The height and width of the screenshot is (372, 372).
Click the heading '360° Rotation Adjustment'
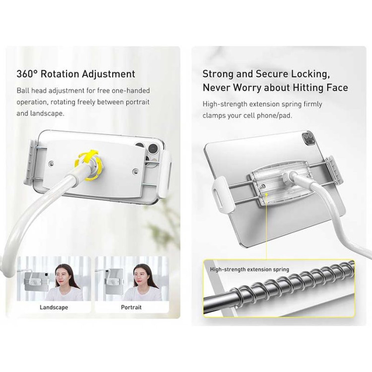point(76,74)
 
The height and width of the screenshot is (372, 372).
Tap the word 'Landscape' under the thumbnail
point(54,308)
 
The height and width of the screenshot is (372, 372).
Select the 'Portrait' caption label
point(131,308)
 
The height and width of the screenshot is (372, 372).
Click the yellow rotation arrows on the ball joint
point(88,164)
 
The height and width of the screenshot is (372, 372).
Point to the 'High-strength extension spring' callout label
point(249,269)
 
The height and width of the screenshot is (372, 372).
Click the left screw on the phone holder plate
point(51,163)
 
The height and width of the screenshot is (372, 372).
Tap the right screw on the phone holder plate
point(136,171)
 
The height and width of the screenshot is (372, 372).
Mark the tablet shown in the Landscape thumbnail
point(37,282)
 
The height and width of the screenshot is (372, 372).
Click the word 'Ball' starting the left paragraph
point(23,91)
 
